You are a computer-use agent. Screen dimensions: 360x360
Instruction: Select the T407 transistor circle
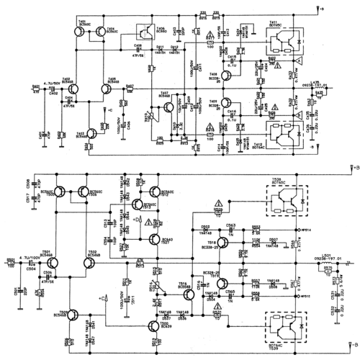tap(167, 107)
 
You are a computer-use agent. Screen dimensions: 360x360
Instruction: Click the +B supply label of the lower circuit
tap(352, 167)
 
